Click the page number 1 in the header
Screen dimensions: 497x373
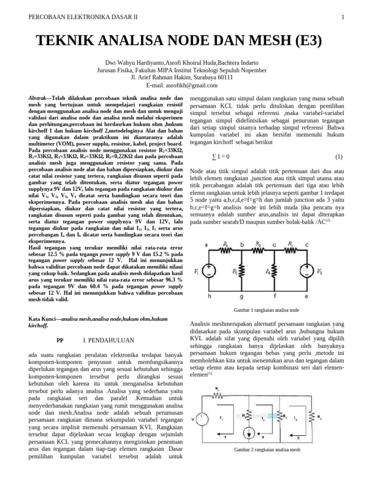point(342,17)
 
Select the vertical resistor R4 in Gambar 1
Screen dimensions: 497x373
point(275,272)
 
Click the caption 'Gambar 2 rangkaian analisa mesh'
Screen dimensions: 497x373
point(267,449)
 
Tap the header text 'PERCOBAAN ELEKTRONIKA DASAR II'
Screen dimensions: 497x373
point(84,17)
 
